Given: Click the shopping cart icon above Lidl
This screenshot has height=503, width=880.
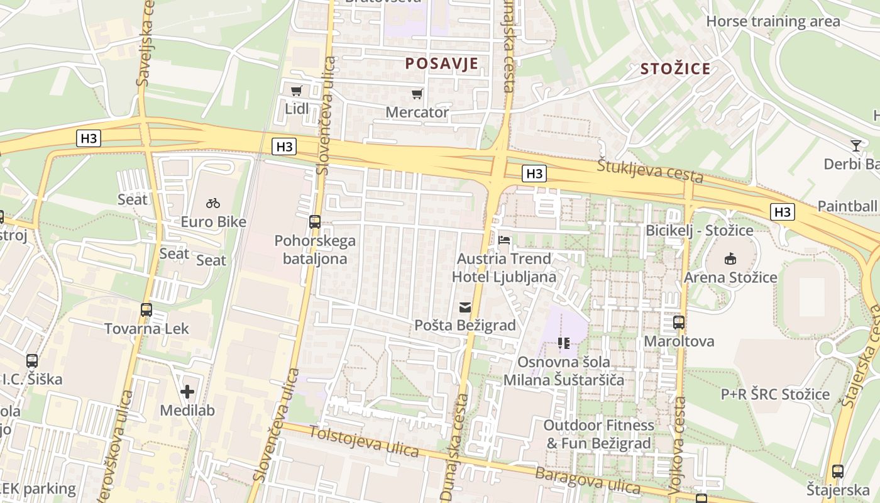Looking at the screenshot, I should point(296,91).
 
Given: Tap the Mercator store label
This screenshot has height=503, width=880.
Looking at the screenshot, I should point(417,113).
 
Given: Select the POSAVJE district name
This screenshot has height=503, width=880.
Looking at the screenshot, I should point(441,64).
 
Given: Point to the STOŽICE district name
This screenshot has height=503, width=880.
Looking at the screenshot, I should point(675,69).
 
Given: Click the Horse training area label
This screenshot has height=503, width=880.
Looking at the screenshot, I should point(773,21).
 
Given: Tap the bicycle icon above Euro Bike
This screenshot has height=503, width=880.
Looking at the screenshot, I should point(213,203).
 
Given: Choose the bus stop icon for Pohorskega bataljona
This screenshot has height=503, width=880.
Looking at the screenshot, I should point(315,222).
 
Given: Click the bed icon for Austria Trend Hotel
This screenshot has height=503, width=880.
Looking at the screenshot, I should point(504,240).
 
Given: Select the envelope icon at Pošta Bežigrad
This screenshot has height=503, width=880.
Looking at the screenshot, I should point(465,307).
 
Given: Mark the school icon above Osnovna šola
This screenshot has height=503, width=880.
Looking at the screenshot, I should point(563,343).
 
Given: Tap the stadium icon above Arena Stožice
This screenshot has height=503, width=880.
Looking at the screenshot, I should point(730,259).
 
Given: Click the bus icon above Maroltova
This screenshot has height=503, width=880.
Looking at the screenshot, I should point(679,323).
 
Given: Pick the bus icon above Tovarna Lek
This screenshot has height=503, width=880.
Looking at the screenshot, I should point(146,310).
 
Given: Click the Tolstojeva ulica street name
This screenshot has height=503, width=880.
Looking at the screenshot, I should point(364,441).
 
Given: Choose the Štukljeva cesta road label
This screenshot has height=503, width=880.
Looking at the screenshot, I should point(649,170).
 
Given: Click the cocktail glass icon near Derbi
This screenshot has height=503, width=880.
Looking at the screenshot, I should point(855,146).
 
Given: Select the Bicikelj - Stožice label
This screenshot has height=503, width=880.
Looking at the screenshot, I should point(699,230).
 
